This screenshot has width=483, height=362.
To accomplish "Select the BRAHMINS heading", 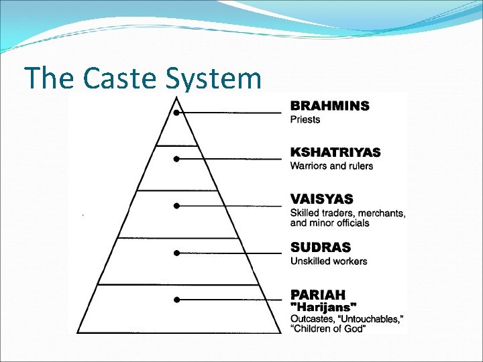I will click(x=329, y=106).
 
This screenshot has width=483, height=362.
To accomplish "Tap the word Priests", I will click(x=305, y=120).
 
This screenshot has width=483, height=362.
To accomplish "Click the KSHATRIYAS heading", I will click(x=335, y=152).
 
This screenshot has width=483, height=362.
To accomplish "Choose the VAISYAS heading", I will click(x=321, y=199).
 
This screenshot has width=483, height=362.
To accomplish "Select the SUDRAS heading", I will click(x=320, y=247).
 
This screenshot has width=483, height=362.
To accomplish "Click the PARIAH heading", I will click(x=318, y=294).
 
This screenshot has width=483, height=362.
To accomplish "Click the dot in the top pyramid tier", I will click(x=176, y=113).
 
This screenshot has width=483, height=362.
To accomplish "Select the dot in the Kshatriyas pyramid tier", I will click(x=176, y=160).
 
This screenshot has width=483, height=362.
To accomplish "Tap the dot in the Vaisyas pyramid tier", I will click(x=176, y=206).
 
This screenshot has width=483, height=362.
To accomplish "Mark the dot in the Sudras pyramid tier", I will click(x=176, y=253).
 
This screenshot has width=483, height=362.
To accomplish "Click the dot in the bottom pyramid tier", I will click(x=176, y=299).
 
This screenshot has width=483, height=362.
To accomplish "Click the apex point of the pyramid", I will click(x=176, y=97).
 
